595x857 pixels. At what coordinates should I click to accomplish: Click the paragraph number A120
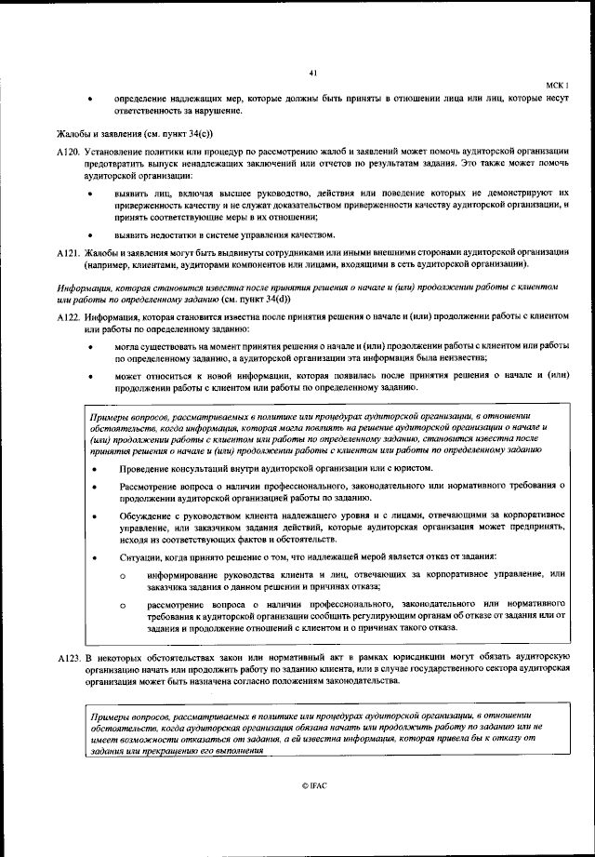tap(69, 150)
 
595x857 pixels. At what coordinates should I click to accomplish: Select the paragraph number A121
tap(69, 252)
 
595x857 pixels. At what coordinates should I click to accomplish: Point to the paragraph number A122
tap(69, 317)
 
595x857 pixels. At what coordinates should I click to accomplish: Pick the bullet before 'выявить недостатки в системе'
tap(89, 234)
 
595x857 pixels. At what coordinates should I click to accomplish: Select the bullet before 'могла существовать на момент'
tap(89, 347)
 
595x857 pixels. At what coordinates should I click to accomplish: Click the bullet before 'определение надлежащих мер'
tap(89, 98)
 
